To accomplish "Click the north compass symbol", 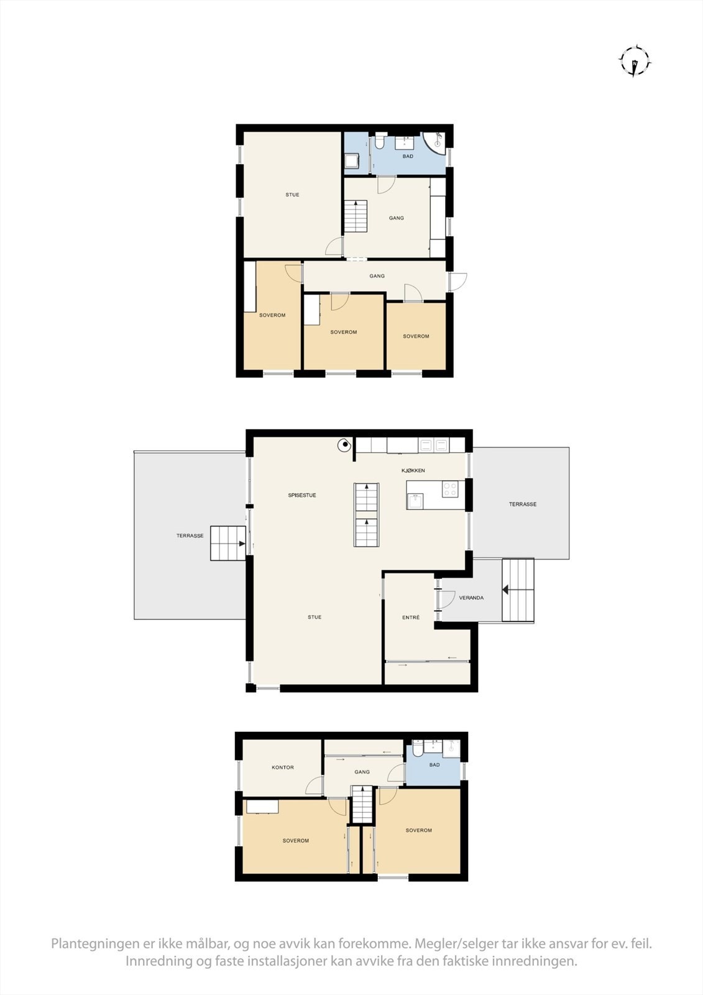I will (634, 62).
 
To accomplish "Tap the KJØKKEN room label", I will (413, 471).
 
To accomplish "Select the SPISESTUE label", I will (302, 496).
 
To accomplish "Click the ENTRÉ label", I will (411, 618).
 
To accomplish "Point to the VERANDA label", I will (471, 598).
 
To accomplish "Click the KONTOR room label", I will (283, 767).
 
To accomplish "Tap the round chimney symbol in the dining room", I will (343, 445).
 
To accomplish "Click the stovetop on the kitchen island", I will (449, 489).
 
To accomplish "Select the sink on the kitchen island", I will (415, 501).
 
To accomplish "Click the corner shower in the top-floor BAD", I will (437, 142).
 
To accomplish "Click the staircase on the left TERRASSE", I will (227, 543).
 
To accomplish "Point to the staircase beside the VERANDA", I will (518, 590).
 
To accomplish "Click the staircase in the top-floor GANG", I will (356, 216).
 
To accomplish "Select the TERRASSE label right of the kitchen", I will (523, 504).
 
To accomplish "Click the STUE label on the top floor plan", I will (292, 195).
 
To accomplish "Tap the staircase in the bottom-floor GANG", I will (362, 805).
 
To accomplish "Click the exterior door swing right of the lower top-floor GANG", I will (459, 281).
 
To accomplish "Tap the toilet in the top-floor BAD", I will (379, 142).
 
